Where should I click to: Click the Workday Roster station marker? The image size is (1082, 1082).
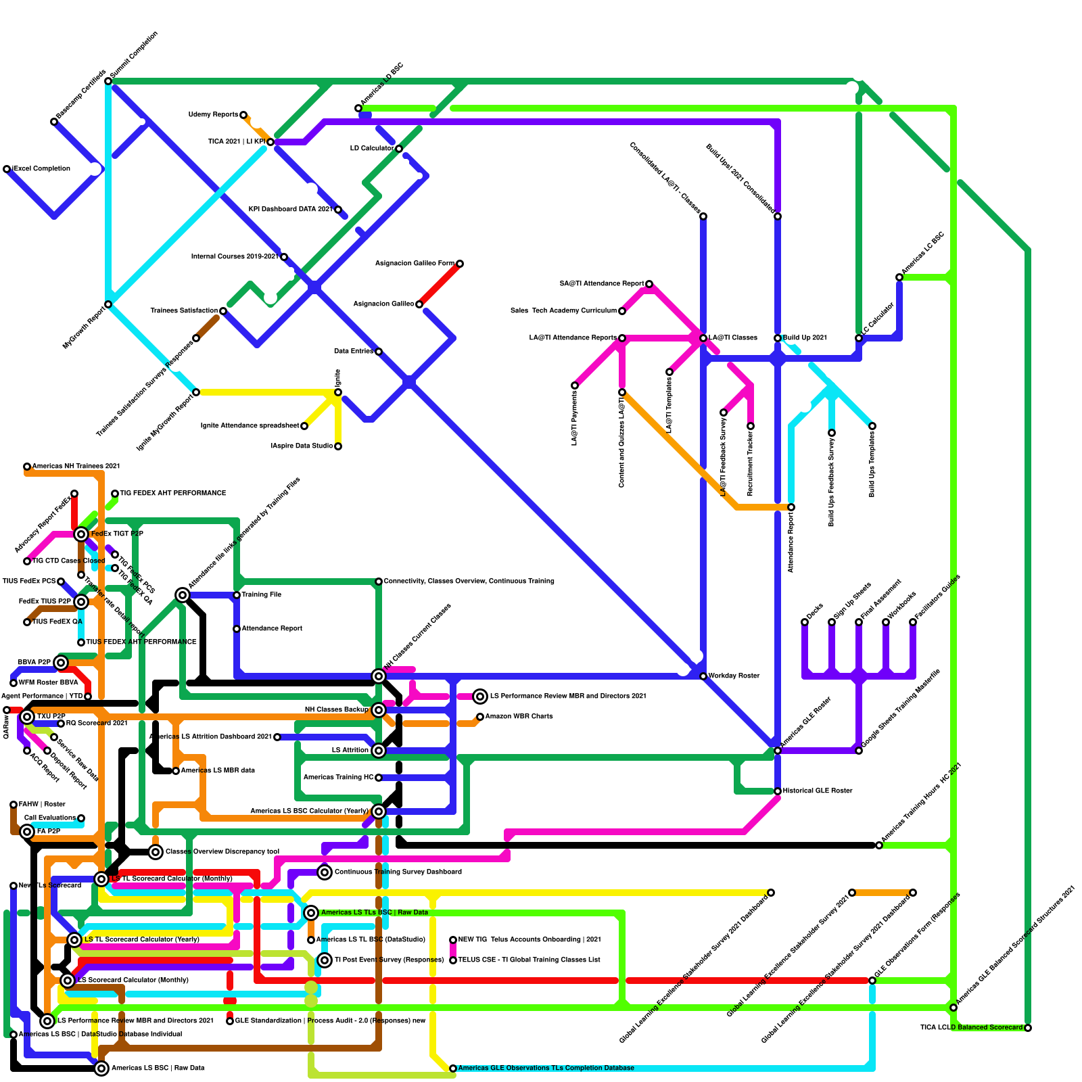click(703, 676)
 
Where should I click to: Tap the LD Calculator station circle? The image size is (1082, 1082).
click(399, 149)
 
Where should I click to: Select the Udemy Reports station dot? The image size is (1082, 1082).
click(243, 115)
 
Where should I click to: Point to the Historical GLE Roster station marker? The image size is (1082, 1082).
click(778, 791)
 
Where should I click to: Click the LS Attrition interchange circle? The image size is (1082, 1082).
click(379, 751)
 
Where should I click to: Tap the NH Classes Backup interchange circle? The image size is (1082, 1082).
click(379, 710)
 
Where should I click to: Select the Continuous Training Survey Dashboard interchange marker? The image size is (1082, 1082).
click(325, 872)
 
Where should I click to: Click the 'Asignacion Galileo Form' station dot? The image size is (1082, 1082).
click(460, 264)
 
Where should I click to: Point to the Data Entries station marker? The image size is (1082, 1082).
click(379, 352)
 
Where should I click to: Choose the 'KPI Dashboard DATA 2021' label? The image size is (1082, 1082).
click(290, 209)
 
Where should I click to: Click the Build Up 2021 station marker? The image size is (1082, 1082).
click(778, 338)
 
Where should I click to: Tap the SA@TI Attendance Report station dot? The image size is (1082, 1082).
click(649, 284)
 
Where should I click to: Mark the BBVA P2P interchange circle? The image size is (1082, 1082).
click(61, 663)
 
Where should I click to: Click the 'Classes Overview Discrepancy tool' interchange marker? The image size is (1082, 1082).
click(156, 852)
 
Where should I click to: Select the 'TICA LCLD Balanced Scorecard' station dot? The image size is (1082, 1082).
click(1028, 1028)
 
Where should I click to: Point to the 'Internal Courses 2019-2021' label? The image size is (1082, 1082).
click(234, 256)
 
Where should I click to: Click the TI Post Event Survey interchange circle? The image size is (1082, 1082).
click(325, 960)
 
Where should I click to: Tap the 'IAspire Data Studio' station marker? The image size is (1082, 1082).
click(338, 446)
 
